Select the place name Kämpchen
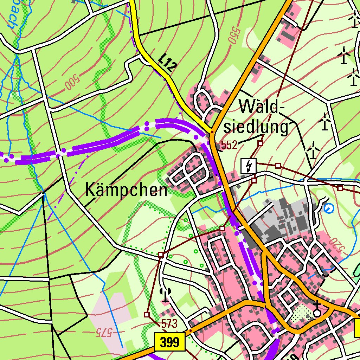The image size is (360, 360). [x=126, y=191]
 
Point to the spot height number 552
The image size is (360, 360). [x=230, y=146]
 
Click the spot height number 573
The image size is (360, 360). [x=169, y=323]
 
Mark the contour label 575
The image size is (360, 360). [x=104, y=331]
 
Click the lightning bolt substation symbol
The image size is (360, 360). [x=249, y=166]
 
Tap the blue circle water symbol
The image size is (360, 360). [x=329, y=209]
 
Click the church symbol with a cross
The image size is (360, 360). [x=317, y=310]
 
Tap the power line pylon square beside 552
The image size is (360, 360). [x=260, y=143]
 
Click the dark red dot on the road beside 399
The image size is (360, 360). [x=190, y=331]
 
